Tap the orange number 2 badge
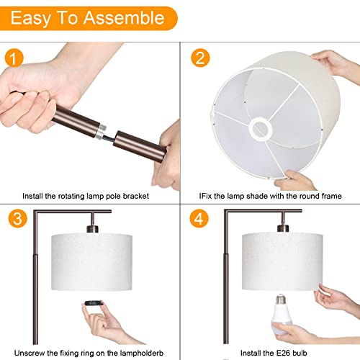[x=201, y=57]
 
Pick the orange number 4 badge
[x=201, y=219]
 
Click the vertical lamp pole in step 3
[x=34, y=288]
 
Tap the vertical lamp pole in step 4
[x=226, y=288]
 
